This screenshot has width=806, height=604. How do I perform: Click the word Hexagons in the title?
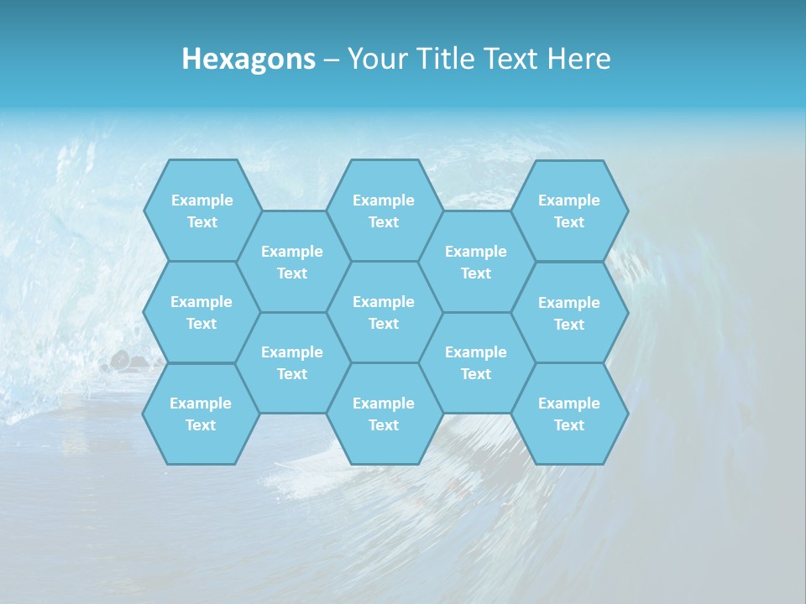pos(249,60)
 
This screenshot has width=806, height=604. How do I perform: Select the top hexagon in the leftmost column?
pos(201,211)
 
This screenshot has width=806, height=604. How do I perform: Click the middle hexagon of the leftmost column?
pos(201,312)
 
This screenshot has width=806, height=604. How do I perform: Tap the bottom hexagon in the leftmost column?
pos(201,414)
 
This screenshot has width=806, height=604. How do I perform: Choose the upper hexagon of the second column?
pos(292,262)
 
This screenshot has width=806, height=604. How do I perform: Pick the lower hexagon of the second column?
pos(292,362)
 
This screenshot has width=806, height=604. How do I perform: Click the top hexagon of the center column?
pos(384,211)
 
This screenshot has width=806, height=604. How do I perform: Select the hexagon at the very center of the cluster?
pos(384,312)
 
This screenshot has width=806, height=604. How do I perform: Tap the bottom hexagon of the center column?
pos(384,414)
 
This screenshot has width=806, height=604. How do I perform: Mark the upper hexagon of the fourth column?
pos(476,262)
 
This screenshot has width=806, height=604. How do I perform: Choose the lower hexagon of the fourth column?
pos(476,362)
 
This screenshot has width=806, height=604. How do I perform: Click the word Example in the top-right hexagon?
pos(569,200)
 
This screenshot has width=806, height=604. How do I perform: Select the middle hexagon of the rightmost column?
pos(569,313)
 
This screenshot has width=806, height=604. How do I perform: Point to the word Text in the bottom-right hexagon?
pos(569,425)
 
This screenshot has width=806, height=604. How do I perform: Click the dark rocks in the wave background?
pos(122,362)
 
